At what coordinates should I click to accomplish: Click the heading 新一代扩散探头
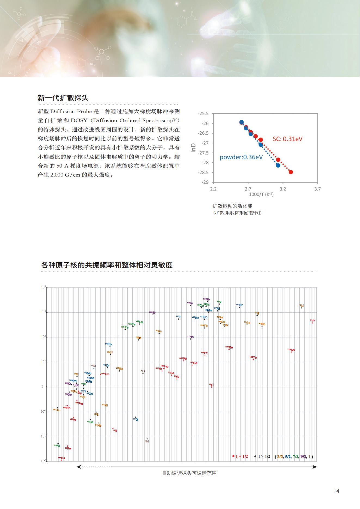click(63, 98)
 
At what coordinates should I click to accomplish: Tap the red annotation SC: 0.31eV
click(288, 139)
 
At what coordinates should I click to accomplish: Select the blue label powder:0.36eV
click(241, 157)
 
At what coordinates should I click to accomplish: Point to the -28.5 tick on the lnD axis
click(203, 172)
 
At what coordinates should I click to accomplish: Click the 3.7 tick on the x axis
click(317, 189)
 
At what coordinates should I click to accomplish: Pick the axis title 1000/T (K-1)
click(261, 194)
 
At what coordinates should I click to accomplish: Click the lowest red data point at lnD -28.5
click(291, 172)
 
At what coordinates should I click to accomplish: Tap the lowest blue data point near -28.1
click(278, 165)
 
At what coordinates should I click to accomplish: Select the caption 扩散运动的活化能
click(232, 206)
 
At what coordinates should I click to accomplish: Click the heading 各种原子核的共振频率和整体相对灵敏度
click(107, 265)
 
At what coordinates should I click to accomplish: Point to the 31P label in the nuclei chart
click(312, 321)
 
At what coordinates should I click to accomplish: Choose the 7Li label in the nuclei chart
click(301, 306)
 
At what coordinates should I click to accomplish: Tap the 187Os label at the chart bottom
click(61, 458)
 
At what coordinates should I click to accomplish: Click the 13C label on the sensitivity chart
click(211, 385)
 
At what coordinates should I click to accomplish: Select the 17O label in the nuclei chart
click(136, 419)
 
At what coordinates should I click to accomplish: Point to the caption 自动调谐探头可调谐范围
click(189, 473)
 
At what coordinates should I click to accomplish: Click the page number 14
click(336, 491)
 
